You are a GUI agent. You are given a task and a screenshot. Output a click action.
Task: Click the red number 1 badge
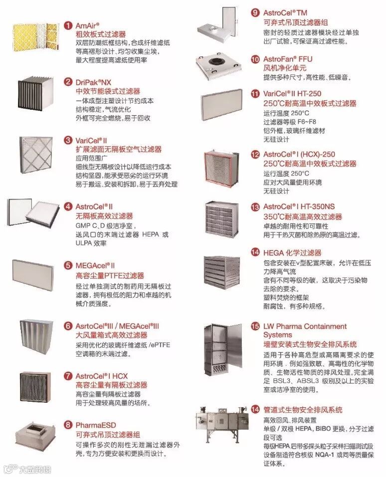(x=68, y=25)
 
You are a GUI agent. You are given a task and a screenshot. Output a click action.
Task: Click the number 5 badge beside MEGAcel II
(x=68, y=265)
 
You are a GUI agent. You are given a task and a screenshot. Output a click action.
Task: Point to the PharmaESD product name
(x=93, y=425)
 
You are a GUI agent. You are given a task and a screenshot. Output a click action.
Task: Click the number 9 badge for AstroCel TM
(x=255, y=12)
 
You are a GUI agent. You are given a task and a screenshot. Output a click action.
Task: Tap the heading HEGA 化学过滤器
(x=292, y=253)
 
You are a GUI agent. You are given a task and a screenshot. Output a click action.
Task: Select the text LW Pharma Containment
(x=305, y=326)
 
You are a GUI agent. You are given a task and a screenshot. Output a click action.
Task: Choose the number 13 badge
(x=255, y=207)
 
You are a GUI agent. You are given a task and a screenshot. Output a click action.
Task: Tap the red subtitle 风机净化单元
(x=285, y=68)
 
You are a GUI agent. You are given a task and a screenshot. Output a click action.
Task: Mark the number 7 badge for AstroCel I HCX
(x=68, y=375)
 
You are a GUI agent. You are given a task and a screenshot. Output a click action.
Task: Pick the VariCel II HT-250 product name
(x=292, y=93)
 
